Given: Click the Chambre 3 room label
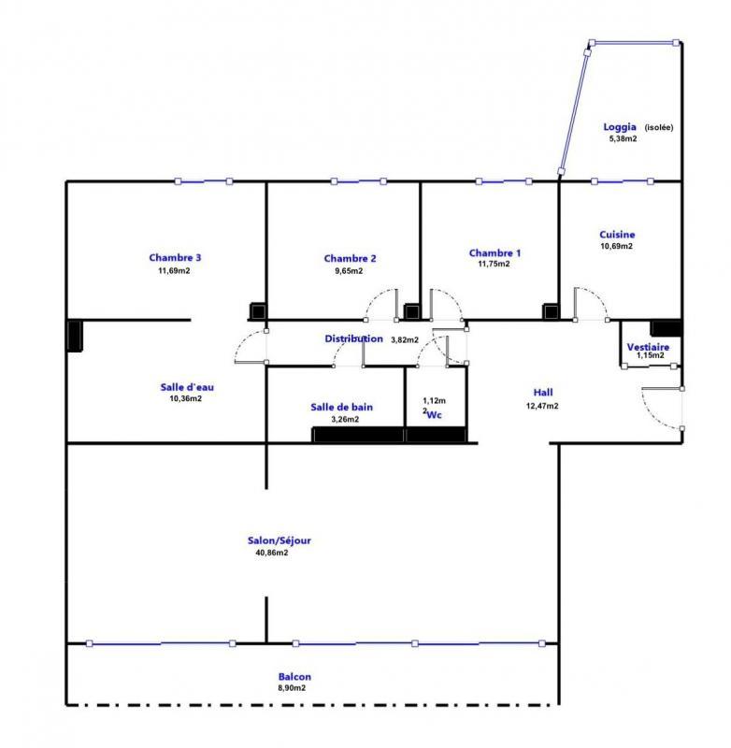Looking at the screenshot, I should tap(175, 258).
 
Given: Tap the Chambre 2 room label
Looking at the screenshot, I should tap(350, 259).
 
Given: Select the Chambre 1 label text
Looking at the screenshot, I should tap(494, 252).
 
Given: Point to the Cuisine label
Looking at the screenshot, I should tap(617, 235).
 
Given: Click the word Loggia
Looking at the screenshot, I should tap(620, 127).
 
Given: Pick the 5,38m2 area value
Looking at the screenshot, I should tap(622, 139).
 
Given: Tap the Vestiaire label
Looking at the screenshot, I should tap(648, 346).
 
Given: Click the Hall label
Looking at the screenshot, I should tap(543, 393).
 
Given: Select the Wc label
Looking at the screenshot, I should tap(435, 414).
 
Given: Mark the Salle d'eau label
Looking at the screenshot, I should tap(186, 385).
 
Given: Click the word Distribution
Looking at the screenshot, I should tap(353, 338).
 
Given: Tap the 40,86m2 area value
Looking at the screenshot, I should tap(271, 553).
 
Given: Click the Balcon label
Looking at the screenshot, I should tap(294, 677).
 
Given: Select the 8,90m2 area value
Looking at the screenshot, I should tap(292, 688).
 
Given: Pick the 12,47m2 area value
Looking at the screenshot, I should tap(542, 406).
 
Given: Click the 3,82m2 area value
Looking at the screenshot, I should tap(404, 339).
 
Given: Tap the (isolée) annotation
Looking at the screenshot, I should tap(658, 128).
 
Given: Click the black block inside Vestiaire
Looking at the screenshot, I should tap(666, 328).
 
